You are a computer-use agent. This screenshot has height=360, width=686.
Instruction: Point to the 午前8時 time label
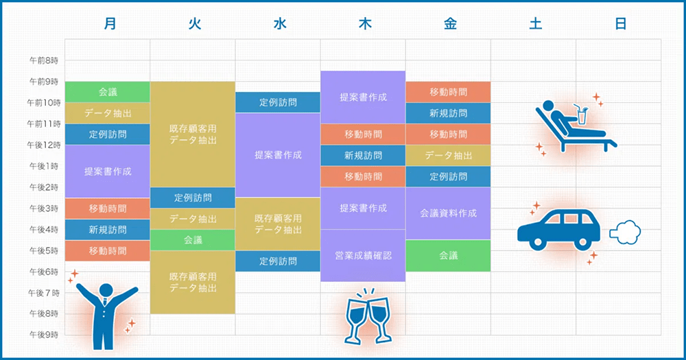click(43, 61)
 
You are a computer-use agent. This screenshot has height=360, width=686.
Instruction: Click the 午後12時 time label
click(43, 145)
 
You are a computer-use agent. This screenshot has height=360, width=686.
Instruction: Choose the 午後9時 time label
click(43, 335)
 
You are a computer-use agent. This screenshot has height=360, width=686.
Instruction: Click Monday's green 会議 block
click(108, 92)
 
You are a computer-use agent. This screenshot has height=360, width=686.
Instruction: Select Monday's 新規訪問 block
click(108, 230)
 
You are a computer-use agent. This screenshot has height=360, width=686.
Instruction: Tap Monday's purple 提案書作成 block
click(108, 171)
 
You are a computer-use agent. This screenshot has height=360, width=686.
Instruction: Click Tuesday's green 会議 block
click(193, 240)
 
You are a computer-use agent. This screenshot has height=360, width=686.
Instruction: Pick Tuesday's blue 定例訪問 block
click(193, 198)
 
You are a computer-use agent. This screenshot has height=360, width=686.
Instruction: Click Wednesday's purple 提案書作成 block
click(278, 155)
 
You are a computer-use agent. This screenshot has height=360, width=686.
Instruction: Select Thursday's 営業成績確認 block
click(363, 255)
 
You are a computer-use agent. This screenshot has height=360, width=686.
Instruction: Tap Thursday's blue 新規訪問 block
click(363, 156)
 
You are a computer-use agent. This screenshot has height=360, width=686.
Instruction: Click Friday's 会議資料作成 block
click(448, 213)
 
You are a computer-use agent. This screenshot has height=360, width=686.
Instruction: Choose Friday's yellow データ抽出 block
click(448, 156)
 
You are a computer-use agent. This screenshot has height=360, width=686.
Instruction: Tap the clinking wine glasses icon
click(364, 317)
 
